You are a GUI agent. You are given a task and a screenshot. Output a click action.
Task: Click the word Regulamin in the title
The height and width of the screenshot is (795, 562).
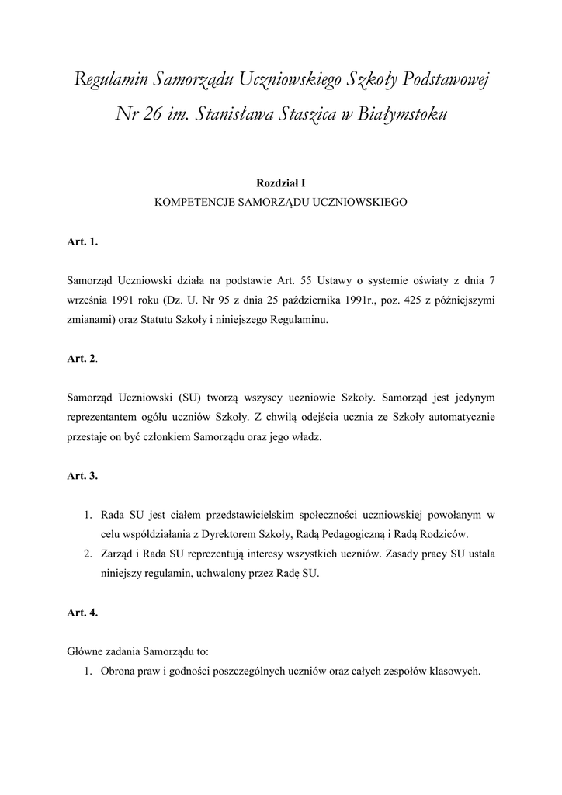click(111, 79)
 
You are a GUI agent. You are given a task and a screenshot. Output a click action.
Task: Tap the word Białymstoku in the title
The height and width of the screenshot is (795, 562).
click(405, 115)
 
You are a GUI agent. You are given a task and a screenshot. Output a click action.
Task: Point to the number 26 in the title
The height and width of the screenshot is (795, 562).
click(154, 115)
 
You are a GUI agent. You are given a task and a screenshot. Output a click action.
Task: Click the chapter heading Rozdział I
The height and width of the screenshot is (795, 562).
click(281, 183)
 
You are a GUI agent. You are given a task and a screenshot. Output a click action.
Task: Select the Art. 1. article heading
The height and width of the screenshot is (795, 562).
click(82, 242)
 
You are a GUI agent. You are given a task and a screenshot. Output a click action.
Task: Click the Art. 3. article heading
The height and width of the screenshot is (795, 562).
click(82, 475)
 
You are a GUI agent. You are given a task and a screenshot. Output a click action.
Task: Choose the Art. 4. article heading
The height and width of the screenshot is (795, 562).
click(82, 613)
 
